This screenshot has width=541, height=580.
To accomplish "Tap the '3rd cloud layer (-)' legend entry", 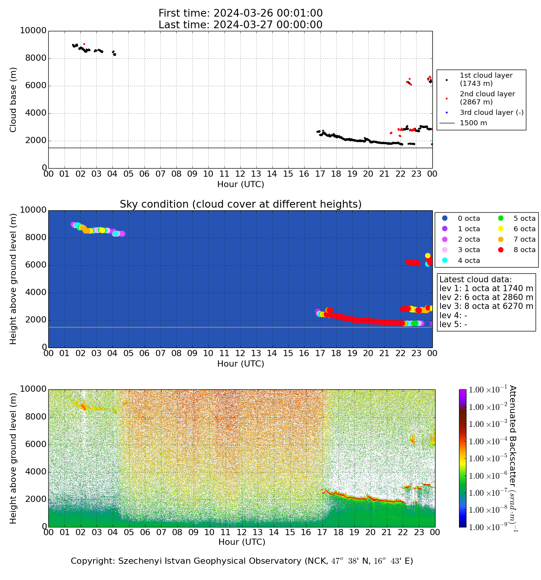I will tap(491, 113).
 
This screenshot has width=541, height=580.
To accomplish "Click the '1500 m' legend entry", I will tap(473, 123).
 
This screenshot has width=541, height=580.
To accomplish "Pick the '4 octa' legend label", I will tap(469, 261).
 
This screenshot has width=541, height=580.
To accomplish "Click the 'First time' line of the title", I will tap(240, 14).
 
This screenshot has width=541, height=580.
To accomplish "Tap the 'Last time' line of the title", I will tap(240, 25).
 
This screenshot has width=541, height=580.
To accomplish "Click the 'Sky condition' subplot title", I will tap(240, 204).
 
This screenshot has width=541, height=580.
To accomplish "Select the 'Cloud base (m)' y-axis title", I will tap(14, 100).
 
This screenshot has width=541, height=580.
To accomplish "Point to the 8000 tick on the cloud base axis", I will tap(36, 58).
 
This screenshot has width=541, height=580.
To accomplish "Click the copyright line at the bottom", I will tap(242, 561).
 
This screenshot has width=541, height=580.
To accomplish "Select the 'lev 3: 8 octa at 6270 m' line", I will tap(486, 307).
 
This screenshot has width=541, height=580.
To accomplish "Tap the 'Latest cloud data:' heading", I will tap(475, 280).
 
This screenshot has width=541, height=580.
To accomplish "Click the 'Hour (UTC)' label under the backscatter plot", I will tap(242, 542).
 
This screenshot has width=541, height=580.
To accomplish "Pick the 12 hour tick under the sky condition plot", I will tap(240, 353).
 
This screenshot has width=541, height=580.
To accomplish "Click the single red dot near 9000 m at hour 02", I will tap(84, 44).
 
